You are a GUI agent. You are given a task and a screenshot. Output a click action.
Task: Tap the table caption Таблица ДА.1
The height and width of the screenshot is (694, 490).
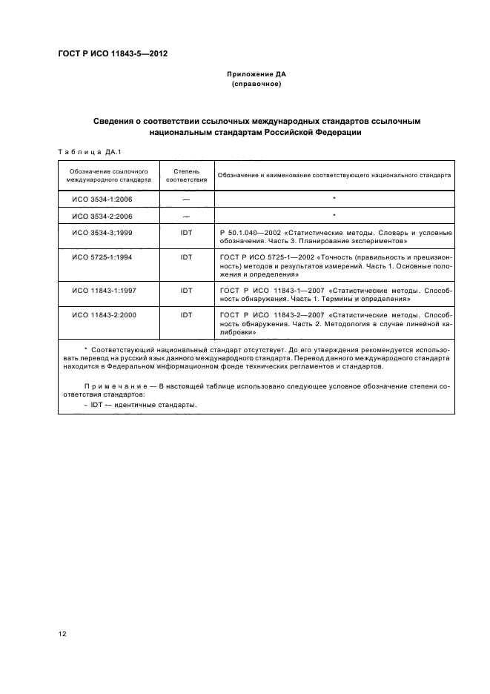(x=84, y=153)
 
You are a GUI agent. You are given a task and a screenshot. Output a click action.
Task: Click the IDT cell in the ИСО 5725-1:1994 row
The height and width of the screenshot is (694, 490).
(x=186, y=257)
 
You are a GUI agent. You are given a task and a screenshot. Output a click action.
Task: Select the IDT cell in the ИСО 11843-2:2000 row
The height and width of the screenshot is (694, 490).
(x=186, y=315)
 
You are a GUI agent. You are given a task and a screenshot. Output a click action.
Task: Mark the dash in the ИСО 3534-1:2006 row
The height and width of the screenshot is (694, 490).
(x=186, y=199)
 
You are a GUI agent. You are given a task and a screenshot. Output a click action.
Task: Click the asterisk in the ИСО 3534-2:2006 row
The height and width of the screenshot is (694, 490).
(x=335, y=216)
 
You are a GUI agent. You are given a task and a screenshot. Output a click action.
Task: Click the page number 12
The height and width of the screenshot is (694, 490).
(x=62, y=633)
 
